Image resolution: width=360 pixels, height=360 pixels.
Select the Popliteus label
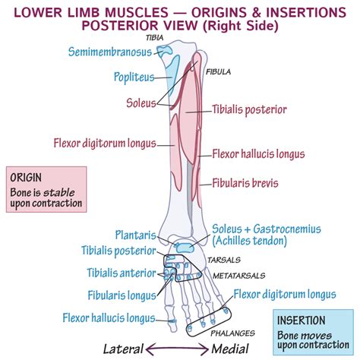[134, 77]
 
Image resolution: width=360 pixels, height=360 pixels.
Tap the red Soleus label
[141, 103]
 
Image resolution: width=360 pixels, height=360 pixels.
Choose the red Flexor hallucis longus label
[257, 155]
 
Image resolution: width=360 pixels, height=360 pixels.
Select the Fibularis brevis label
[246, 183]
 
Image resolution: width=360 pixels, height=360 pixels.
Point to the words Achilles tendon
[250, 241]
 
